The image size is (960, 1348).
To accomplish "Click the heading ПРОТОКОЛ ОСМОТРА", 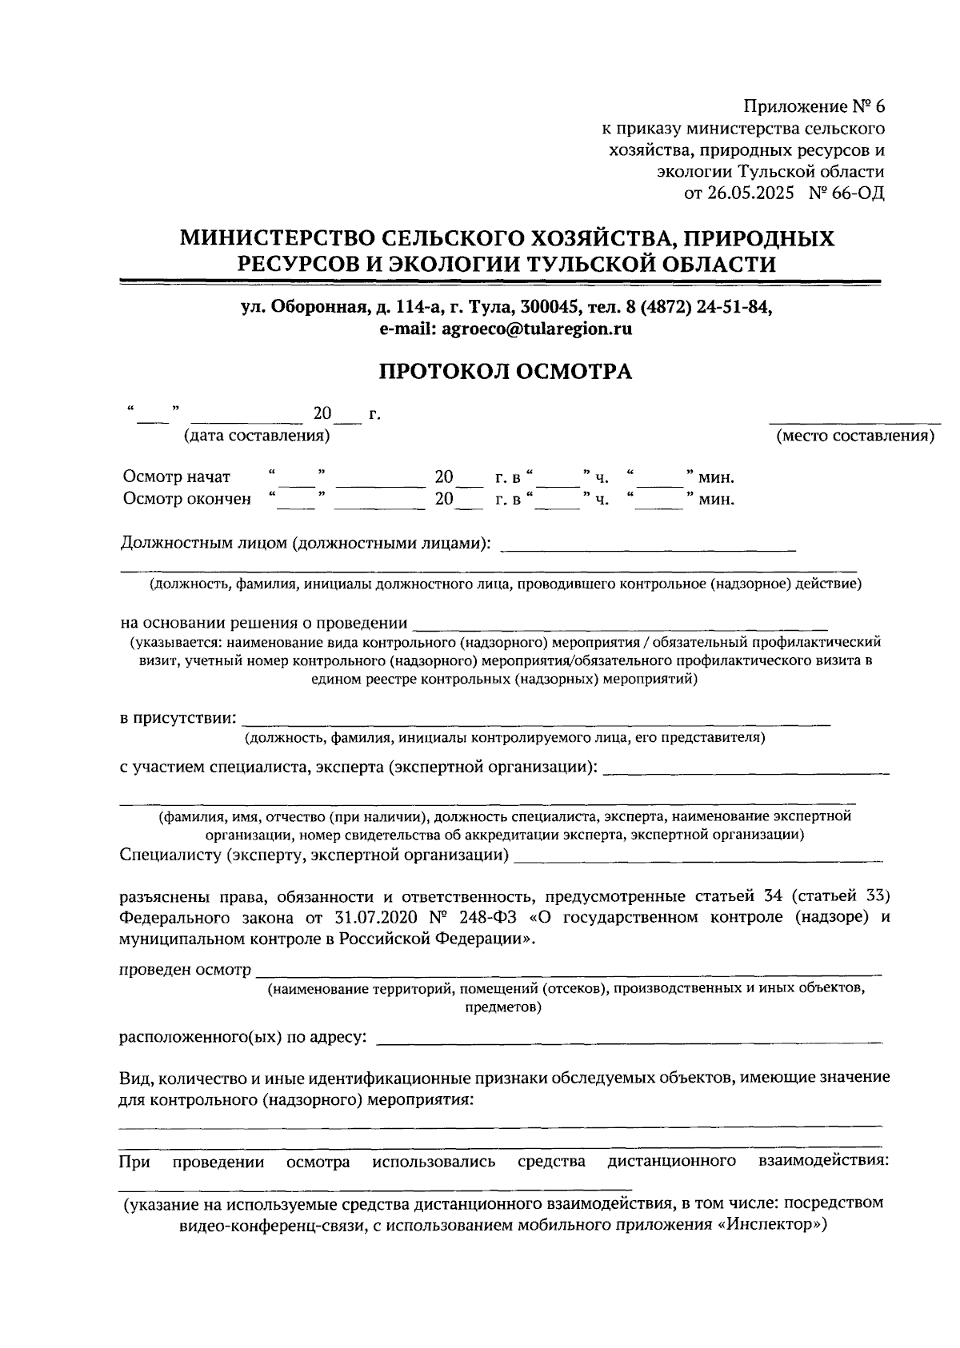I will click(505, 372).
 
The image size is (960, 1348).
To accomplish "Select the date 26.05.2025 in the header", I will click(751, 193).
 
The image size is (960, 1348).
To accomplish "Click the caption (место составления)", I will click(854, 436).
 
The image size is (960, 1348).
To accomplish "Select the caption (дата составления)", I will click(256, 436).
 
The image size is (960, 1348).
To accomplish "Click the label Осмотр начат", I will click(177, 477).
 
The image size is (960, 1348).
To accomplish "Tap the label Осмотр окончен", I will click(186, 499).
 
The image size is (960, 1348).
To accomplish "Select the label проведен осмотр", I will click(184, 970).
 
